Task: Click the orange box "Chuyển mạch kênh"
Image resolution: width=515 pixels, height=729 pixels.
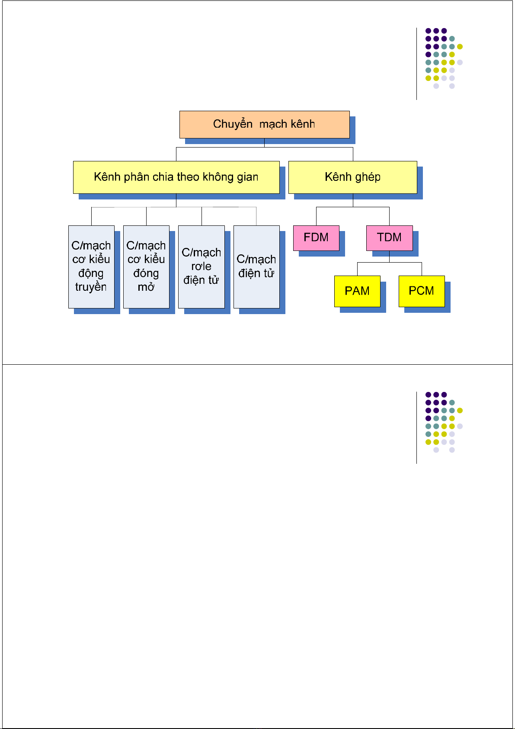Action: tap(264, 125)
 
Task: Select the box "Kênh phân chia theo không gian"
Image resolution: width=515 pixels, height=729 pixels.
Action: tap(176, 177)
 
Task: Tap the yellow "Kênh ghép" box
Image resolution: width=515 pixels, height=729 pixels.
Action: tap(352, 177)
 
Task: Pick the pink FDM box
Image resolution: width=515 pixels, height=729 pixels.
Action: tap(316, 238)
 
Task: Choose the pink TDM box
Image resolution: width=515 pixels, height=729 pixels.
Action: tap(389, 238)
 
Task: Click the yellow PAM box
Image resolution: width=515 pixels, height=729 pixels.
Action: tap(357, 291)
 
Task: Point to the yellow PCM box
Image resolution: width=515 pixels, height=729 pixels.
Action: tap(422, 291)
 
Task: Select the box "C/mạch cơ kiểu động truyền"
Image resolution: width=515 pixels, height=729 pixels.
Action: tap(91, 267)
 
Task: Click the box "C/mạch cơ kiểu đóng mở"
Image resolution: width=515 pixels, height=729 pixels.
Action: tap(146, 267)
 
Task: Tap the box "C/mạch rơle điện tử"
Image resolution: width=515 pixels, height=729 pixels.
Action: tap(202, 267)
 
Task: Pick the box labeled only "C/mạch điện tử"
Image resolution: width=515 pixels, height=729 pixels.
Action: tap(256, 267)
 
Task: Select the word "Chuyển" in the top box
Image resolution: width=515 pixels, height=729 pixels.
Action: tap(233, 125)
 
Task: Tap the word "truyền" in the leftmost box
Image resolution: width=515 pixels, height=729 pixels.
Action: tap(91, 287)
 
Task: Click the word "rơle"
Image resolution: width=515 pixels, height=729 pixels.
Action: tap(201, 267)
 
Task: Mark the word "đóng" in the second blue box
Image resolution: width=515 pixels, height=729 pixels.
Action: tap(146, 274)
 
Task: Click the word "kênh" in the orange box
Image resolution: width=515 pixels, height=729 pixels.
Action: tap(302, 125)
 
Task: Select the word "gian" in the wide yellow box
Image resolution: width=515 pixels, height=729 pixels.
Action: tap(247, 177)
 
